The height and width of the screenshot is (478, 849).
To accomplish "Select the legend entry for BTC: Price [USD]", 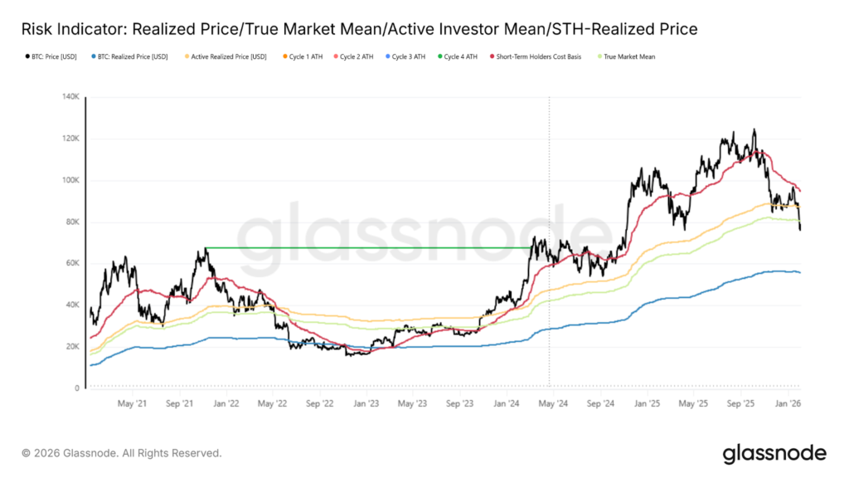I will tap(49, 56).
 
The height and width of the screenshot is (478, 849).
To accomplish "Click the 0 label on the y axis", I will tap(76, 388).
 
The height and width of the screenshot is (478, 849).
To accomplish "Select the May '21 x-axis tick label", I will tap(133, 403).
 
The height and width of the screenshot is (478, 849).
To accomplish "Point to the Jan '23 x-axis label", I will tap(366, 403).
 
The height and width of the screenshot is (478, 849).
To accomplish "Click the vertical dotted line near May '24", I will tap(549, 166).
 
